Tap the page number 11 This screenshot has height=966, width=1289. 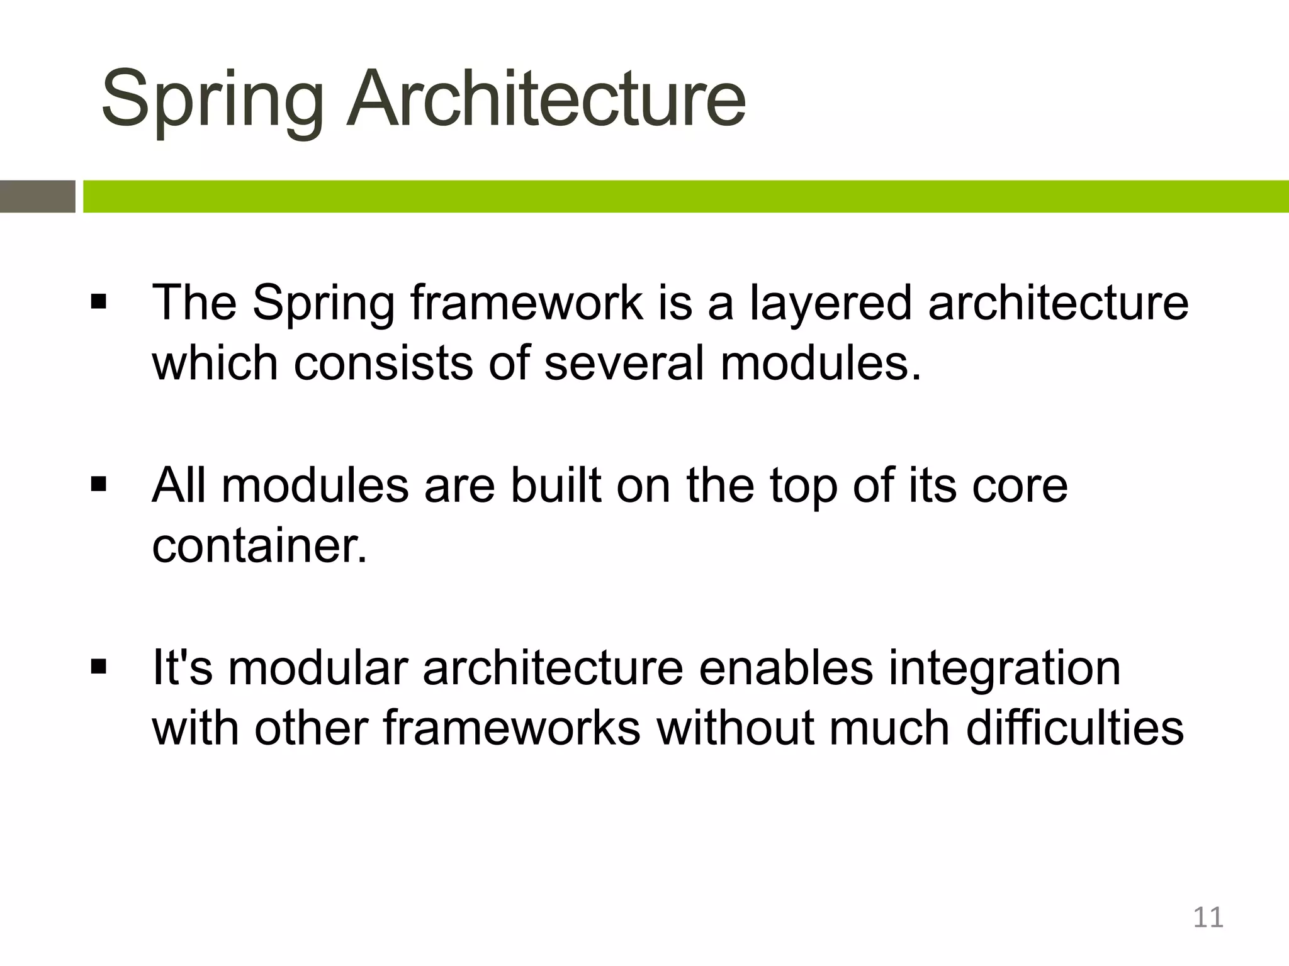(1208, 918)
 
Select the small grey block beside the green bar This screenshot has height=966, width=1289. (37, 196)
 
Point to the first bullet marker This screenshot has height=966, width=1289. (99, 302)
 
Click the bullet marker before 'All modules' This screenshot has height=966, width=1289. (99, 485)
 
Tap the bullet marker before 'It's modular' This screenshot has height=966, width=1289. (99, 667)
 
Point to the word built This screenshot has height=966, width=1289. (555, 486)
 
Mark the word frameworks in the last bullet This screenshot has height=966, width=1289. (511, 728)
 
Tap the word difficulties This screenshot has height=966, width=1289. (1074, 728)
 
